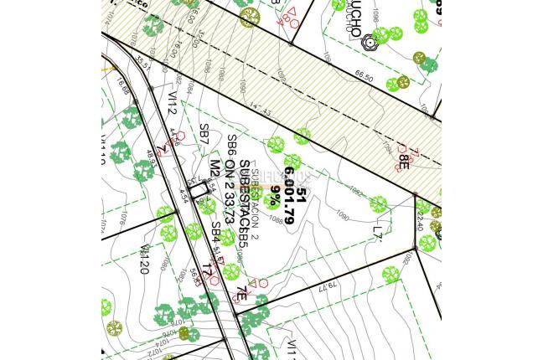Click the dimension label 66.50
point(364,75)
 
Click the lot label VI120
point(145,257)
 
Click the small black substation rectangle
point(198,192)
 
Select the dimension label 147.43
point(261,110)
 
